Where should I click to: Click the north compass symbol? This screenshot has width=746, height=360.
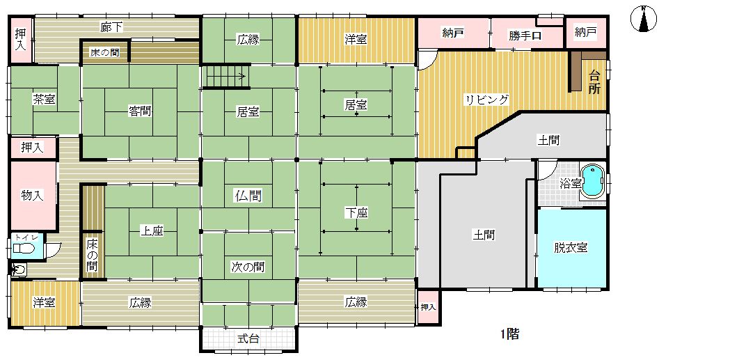[x=643, y=19]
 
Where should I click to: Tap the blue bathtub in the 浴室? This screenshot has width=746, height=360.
[x=592, y=181]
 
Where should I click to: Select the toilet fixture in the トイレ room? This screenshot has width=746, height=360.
[x=22, y=248]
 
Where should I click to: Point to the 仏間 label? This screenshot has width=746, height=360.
[x=248, y=195]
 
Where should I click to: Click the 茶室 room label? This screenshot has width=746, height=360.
[x=44, y=100]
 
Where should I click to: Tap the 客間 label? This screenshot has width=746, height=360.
[x=140, y=111]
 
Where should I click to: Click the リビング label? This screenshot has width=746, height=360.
[x=486, y=100]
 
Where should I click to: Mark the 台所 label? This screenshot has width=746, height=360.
[x=594, y=82]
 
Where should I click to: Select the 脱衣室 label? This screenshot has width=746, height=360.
[x=570, y=248]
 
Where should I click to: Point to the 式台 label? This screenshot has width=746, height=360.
[x=248, y=340]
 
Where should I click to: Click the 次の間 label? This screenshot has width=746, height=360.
[x=248, y=266]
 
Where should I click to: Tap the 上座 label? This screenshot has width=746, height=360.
[x=152, y=231]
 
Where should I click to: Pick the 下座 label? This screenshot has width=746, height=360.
[x=356, y=213]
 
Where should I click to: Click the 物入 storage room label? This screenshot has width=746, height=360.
[x=32, y=195]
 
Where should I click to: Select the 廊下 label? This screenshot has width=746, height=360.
[x=112, y=27]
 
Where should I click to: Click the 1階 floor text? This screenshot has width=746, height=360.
[x=509, y=335]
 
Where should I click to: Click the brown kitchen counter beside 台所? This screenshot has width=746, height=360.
[x=576, y=70]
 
